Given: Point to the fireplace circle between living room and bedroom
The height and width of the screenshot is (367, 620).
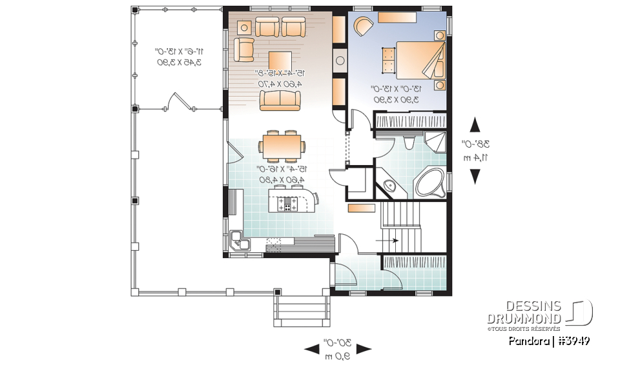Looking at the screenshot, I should click(340, 62).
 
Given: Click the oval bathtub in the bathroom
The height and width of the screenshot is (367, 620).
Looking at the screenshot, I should click(428, 184).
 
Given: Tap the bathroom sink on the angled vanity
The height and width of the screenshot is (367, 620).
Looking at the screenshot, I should click(389, 186).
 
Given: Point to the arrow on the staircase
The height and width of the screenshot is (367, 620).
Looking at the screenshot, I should click(390, 241).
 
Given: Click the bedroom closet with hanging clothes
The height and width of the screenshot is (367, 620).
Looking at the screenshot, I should click(411, 121).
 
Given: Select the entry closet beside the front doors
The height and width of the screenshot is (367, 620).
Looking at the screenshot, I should click(414, 263).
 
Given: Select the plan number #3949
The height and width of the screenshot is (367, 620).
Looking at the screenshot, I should click(570, 340).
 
